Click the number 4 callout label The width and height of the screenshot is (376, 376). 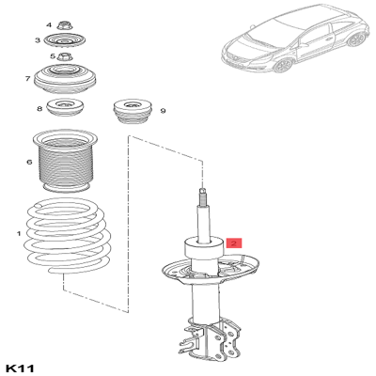(x=38, y=23)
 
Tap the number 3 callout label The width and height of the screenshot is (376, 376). (x=38, y=40)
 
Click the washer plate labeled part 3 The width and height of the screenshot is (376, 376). (x=63, y=41)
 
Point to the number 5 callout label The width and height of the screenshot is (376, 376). (x=38, y=57)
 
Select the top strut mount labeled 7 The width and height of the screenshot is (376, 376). (x=65, y=81)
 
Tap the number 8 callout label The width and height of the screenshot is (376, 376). (x=39, y=109)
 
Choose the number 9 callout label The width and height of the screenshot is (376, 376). (x=163, y=111)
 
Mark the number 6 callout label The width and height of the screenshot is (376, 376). (x=29, y=161)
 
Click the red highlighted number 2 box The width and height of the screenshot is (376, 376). (x=233, y=243)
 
